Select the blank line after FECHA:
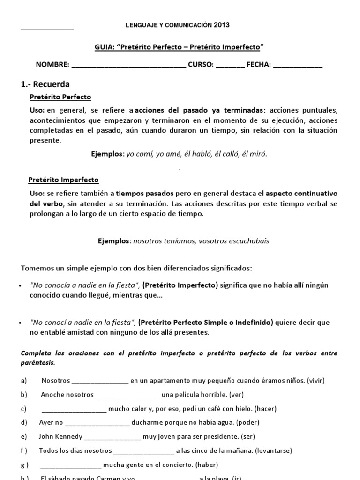[x=298, y=66]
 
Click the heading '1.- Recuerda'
[x=45, y=84]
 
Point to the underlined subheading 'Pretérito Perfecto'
[x=60, y=97]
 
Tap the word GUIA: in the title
[x=104, y=47]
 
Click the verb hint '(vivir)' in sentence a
[x=315, y=380]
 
